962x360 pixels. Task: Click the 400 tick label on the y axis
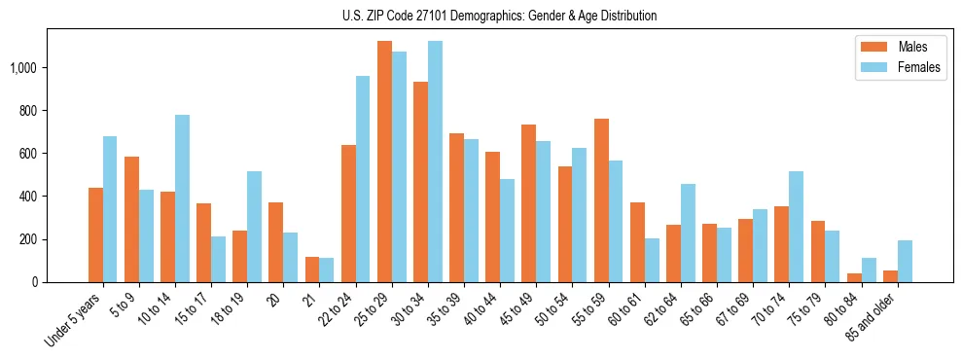coord(27,197)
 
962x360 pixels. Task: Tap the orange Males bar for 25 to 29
coord(384,162)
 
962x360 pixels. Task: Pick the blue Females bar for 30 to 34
coord(435,162)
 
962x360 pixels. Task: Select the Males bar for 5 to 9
coord(131,220)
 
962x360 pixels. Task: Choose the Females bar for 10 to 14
coord(182,198)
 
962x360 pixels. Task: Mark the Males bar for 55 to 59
coord(601,200)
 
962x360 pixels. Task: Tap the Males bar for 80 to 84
coord(854,277)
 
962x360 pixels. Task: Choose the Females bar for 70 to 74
coord(796,227)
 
